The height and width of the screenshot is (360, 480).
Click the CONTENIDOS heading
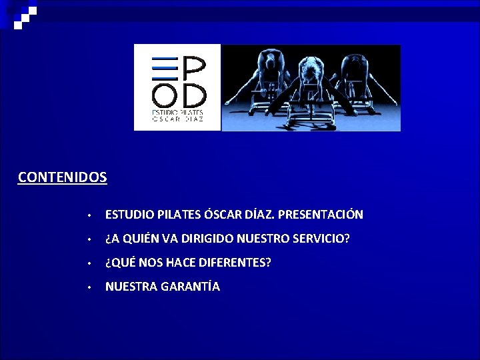[x=62, y=177]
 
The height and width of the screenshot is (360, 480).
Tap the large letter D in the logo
[x=193, y=93]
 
